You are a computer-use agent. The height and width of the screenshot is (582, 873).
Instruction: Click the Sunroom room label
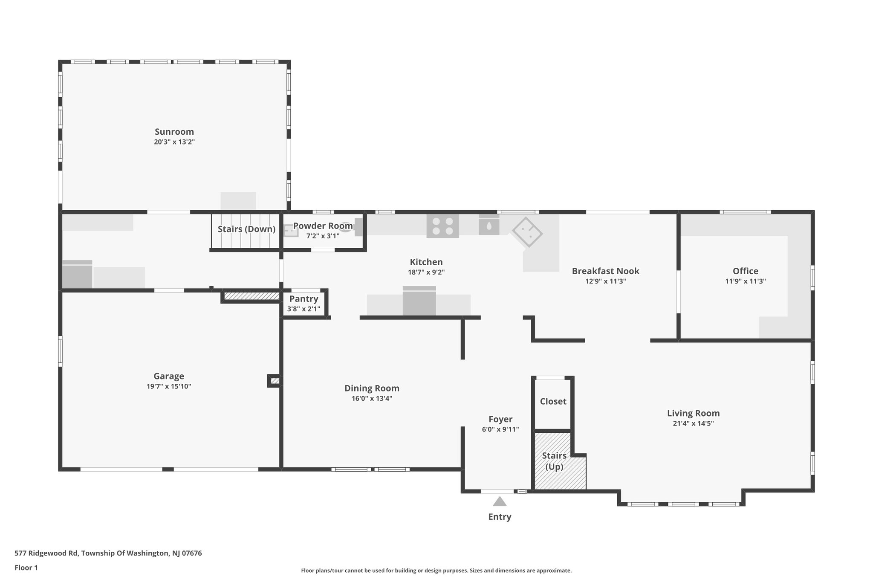tap(174, 132)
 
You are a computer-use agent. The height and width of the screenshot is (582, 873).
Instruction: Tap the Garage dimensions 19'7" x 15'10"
tap(168, 387)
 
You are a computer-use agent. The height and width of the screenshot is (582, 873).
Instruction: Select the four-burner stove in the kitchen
tap(442, 226)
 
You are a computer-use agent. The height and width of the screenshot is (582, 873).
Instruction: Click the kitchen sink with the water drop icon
tap(489, 225)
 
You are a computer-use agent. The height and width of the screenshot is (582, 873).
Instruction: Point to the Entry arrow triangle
tap(500, 501)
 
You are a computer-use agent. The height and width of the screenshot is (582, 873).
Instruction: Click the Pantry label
tap(304, 299)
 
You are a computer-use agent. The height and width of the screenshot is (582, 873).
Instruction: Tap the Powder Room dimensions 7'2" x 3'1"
tap(323, 236)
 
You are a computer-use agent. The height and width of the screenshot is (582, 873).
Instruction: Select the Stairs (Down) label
tap(246, 229)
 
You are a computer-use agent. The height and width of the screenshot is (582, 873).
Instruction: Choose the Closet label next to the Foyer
tap(553, 401)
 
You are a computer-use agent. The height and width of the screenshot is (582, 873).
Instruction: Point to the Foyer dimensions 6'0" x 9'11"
tap(500, 430)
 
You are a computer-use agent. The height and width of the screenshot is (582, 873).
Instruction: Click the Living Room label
tap(693, 413)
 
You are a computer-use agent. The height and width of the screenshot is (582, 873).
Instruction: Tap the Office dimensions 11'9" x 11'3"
tap(745, 281)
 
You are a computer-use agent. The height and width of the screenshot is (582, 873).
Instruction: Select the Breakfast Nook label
tap(605, 271)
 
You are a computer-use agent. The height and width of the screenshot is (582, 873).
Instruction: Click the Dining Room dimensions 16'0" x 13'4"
tap(372, 399)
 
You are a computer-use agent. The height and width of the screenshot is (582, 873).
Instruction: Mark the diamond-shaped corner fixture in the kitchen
tap(527, 232)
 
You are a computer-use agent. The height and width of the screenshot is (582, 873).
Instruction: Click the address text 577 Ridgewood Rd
tap(46, 553)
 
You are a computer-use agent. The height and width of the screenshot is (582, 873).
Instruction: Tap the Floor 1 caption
tap(26, 568)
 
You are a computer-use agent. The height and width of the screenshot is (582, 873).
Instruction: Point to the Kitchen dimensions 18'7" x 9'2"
tap(426, 272)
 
